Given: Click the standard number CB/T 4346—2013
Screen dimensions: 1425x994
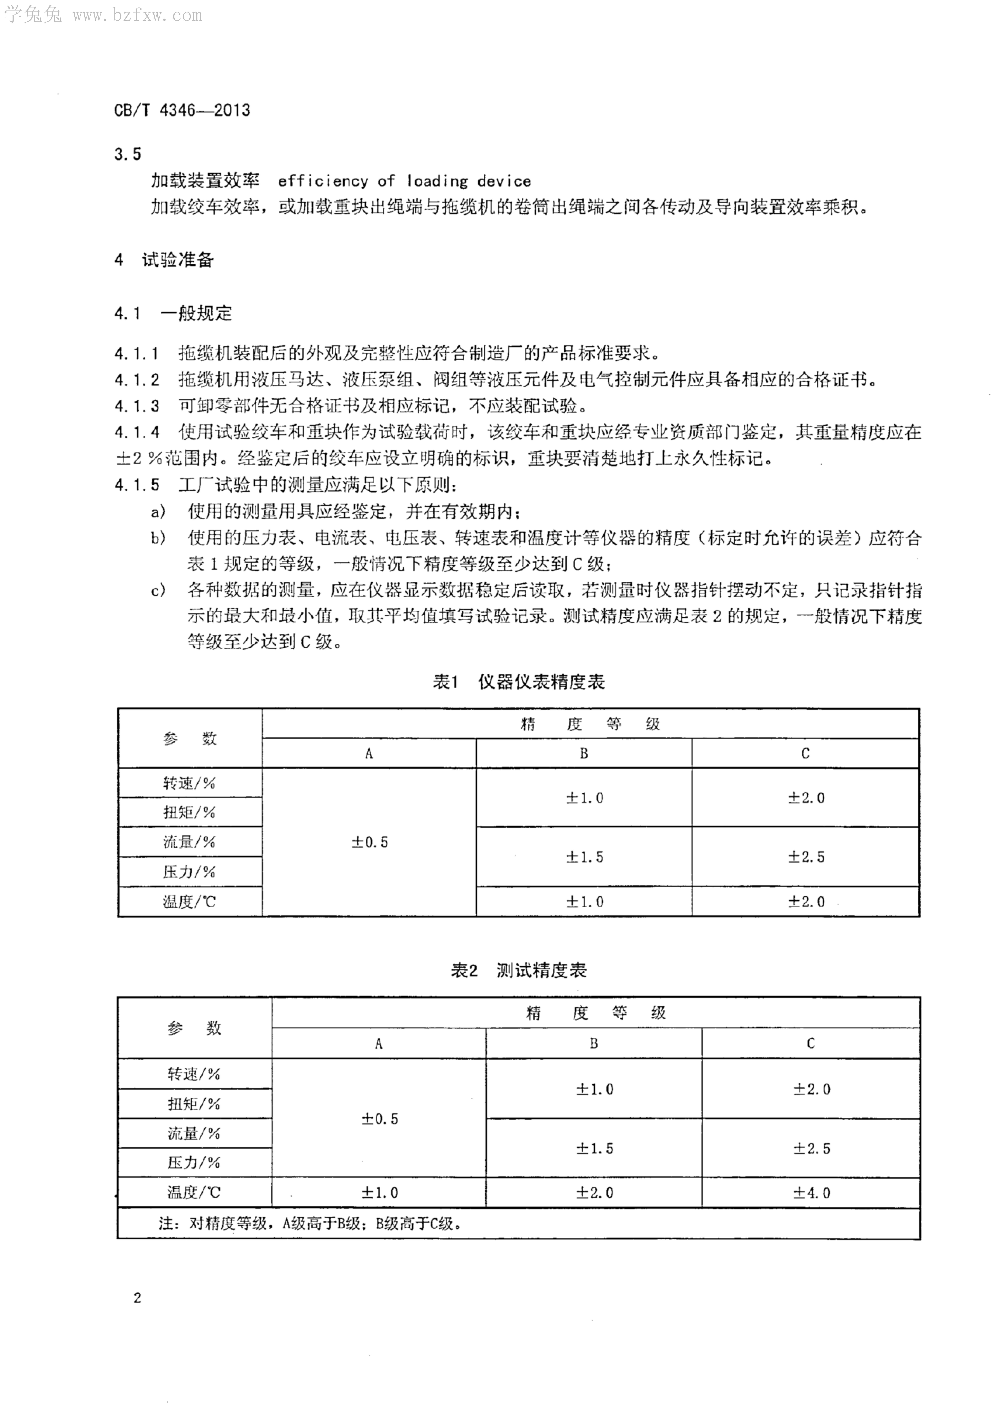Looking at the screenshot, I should (x=182, y=111).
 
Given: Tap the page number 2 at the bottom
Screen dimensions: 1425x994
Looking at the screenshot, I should (x=137, y=1298).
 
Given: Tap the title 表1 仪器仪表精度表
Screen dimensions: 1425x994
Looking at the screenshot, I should (x=518, y=682).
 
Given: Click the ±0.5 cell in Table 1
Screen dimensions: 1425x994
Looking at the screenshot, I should (x=369, y=842).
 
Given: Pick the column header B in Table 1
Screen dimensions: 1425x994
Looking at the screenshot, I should (x=584, y=753).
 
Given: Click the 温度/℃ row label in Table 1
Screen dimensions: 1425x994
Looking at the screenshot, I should (x=189, y=902).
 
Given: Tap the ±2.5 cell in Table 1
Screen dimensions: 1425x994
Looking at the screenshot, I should (x=806, y=857).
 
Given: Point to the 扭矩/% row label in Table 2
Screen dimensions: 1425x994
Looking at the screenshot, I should (x=194, y=1104).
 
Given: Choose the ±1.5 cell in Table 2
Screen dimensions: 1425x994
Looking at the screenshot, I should (x=594, y=1148).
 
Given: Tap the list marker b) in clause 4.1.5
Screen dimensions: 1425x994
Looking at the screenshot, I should (x=158, y=538).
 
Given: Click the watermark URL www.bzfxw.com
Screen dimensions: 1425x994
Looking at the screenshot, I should (x=137, y=16).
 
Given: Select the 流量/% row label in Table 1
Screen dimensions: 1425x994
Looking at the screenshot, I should (x=189, y=842).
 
